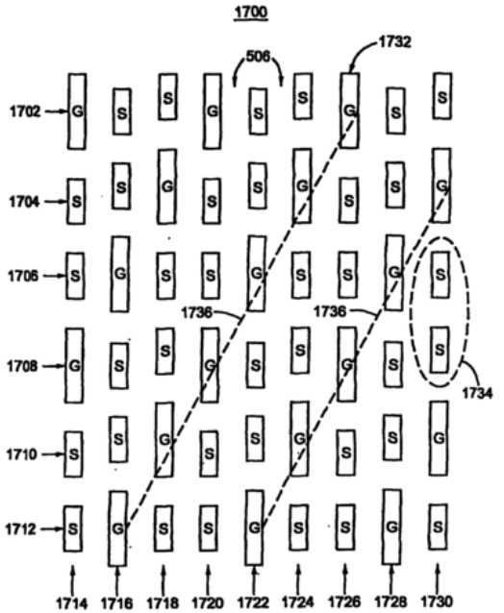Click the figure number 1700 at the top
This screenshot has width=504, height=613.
[251, 12]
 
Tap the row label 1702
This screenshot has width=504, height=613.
[25, 111]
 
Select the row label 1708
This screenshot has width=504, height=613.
[22, 366]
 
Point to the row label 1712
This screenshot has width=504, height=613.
[20, 529]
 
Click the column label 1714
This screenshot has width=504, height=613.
[72, 602]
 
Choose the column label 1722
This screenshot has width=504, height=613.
[254, 602]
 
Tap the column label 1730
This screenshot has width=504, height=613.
[437, 601]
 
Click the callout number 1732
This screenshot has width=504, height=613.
[394, 42]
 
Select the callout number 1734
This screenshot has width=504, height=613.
[477, 393]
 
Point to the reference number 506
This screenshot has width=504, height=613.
[258, 57]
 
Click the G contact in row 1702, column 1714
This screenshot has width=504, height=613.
[77, 111]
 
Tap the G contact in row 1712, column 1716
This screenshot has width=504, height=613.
[117, 528]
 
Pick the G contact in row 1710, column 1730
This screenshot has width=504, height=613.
[439, 438]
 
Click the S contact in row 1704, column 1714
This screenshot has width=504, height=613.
[76, 202]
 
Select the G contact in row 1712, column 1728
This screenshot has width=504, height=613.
[391, 527]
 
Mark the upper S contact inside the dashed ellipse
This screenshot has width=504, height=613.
[441, 275]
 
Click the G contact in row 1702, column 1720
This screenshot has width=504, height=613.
[213, 111]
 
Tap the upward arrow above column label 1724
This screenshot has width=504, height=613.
[298, 577]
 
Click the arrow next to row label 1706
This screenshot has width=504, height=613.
[54, 276]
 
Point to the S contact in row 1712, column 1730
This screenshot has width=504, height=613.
[438, 527]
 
